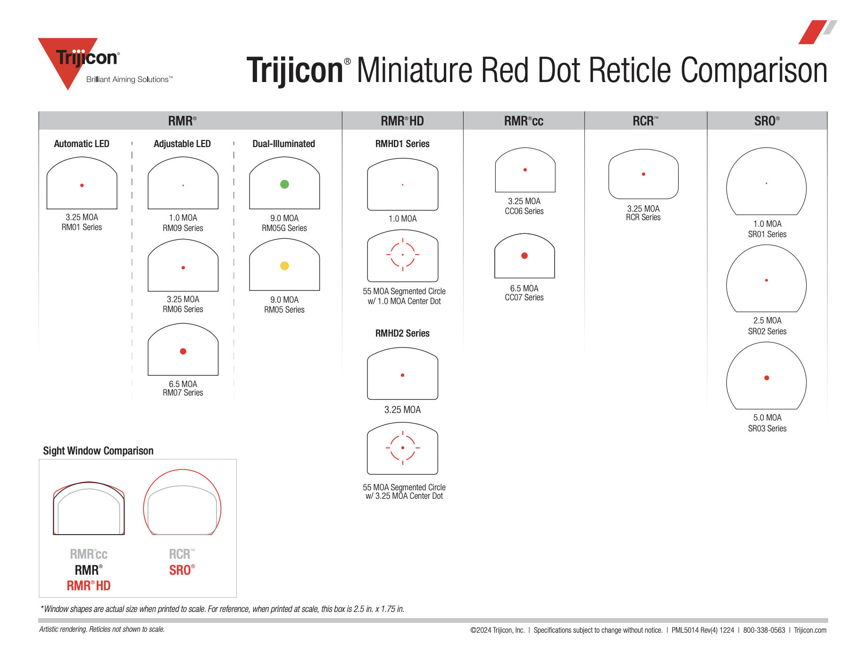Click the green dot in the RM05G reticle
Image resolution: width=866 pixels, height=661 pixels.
tap(284, 184)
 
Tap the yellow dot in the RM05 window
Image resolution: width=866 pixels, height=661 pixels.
tap(284, 266)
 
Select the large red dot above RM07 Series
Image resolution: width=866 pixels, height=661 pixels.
tap(183, 351)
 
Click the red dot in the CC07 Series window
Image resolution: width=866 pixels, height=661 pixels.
tap(524, 256)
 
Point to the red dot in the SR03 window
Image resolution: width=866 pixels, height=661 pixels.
tap(766, 378)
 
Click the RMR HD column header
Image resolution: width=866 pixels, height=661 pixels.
tap(402, 121)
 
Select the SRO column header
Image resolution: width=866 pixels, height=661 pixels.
tap(767, 121)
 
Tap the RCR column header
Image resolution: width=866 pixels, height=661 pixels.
tap(645, 121)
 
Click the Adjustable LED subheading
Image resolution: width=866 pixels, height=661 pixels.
tap(182, 144)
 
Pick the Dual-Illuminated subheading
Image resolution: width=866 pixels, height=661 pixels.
tap(283, 144)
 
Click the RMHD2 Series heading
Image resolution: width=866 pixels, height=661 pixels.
tap(402, 333)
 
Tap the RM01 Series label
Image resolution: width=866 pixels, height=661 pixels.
tap(82, 227)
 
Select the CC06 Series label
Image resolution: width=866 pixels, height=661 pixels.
tap(524, 211)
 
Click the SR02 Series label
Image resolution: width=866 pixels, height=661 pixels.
tap(767, 331)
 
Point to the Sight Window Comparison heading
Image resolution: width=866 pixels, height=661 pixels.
tap(98, 451)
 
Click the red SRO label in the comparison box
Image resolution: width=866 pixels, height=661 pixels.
tap(182, 570)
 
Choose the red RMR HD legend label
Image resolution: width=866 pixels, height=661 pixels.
tap(89, 586)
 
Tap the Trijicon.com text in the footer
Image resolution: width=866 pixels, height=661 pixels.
tap(810, 630)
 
